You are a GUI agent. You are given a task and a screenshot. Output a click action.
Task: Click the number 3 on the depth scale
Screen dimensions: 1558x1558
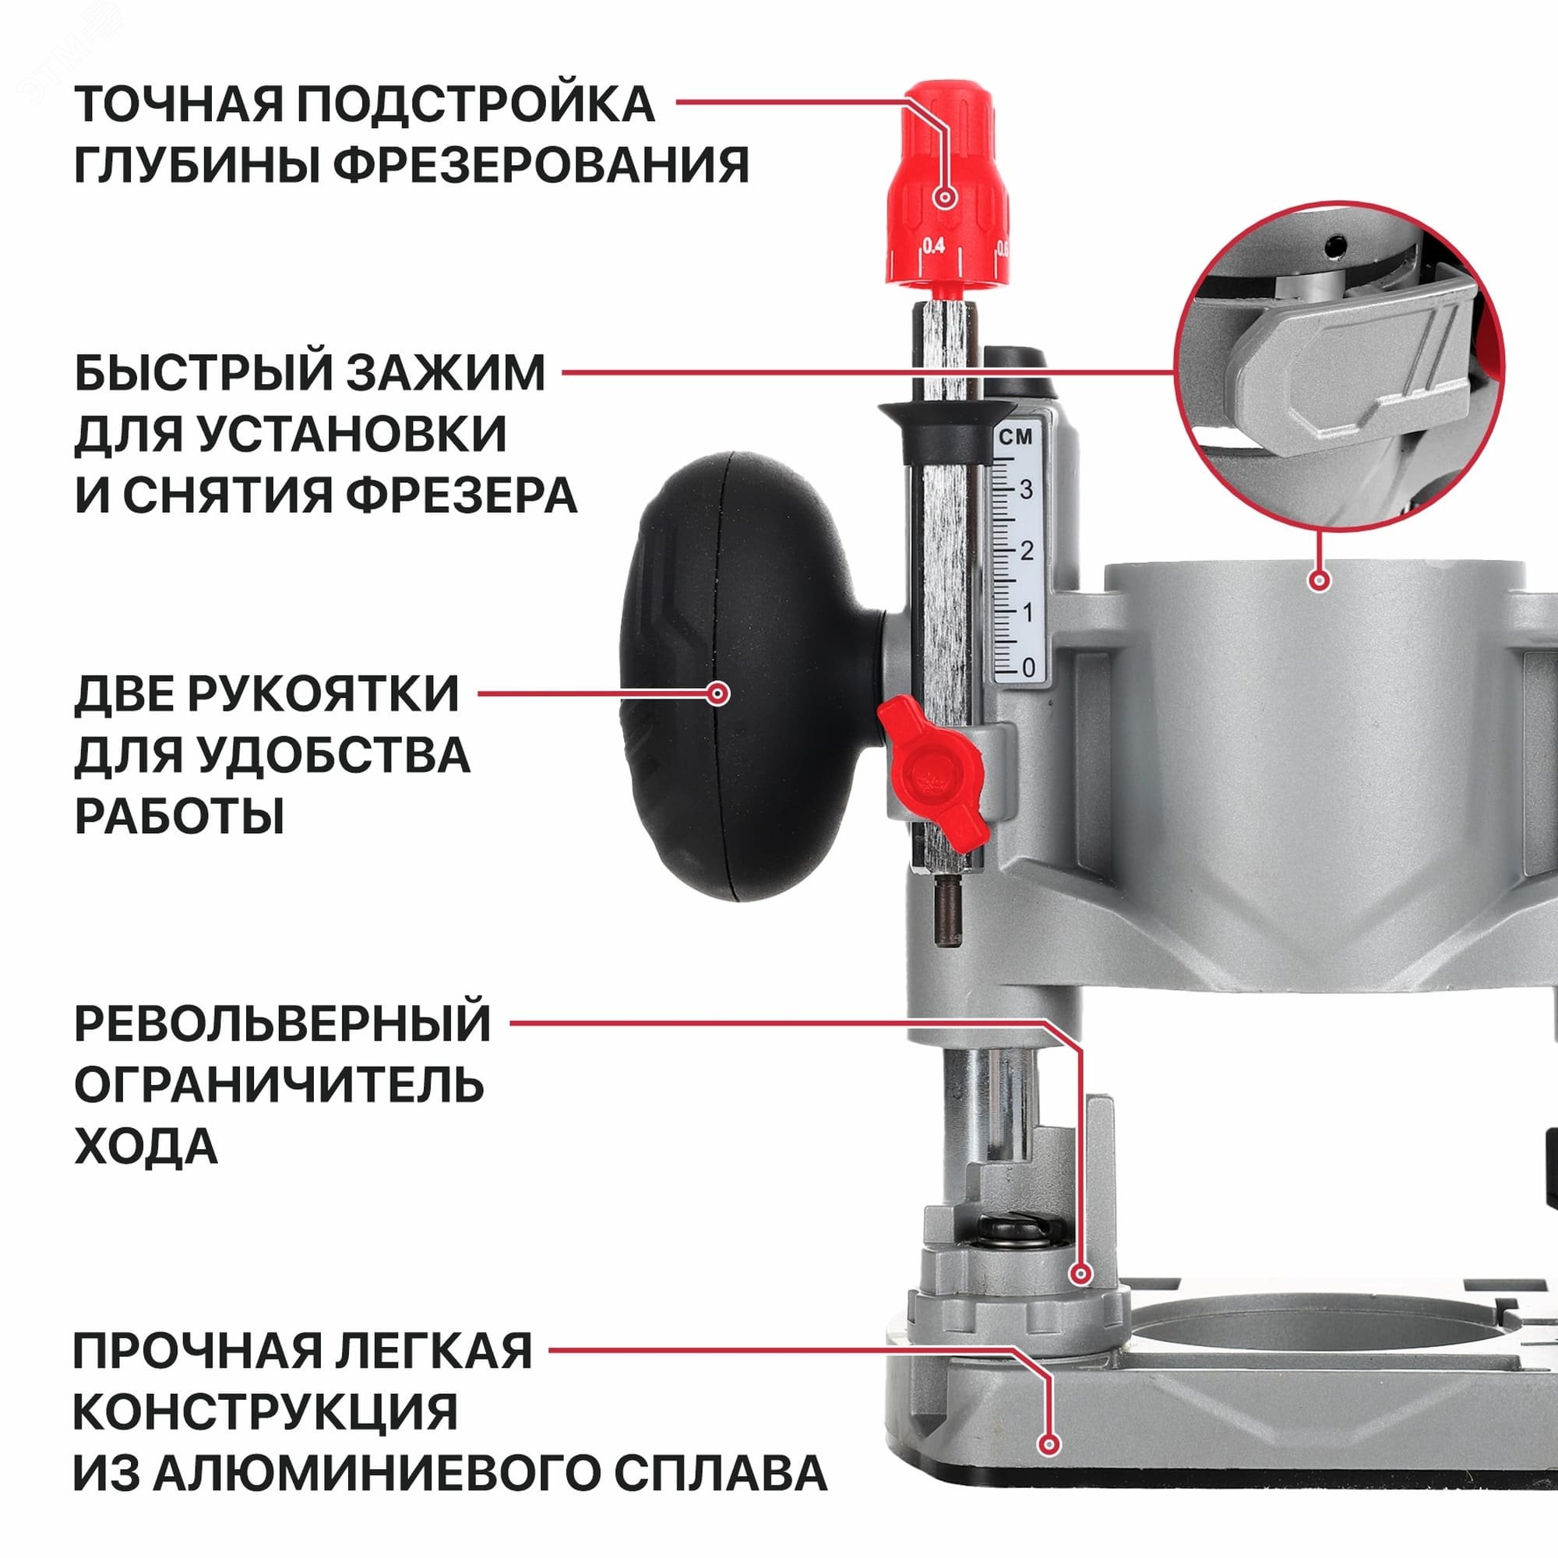[1026, 489]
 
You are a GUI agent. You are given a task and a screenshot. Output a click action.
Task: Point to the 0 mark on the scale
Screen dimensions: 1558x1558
[1028, 667]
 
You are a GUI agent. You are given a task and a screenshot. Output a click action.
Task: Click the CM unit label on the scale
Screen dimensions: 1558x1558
[1015, 437]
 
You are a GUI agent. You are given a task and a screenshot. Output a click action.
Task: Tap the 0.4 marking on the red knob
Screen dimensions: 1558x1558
[933, 246]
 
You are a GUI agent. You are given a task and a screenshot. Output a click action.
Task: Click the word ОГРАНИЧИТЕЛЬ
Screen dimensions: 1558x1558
[279, 1085]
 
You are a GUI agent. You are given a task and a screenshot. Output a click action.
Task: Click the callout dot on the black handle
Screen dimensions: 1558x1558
[717, 693]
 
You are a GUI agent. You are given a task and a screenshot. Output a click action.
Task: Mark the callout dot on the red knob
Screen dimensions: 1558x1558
[945, 197]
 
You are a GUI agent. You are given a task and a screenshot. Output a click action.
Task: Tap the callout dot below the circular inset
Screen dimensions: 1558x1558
[1320, 580]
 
